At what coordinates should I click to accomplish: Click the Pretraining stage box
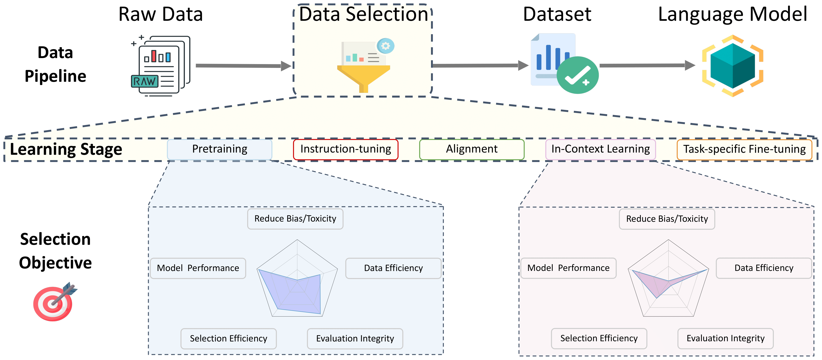[220, 149]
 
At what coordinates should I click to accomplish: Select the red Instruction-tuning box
[346, 149]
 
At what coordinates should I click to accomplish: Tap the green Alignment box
[472, 149]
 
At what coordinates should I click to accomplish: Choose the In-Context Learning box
[600, 149]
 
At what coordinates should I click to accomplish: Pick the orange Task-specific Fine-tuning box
[744, 149]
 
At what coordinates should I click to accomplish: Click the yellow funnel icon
[364, 77]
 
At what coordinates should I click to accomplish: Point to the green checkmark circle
[577, 75]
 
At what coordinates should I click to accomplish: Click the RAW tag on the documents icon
[144, 81]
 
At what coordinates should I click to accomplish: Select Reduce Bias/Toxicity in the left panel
[295, 219]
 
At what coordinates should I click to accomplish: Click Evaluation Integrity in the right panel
[725, 338]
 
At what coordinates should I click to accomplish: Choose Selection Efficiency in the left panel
[228, 339]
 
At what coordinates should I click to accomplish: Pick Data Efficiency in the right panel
[764, 268]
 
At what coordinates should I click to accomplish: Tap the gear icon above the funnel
[385, 46]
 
